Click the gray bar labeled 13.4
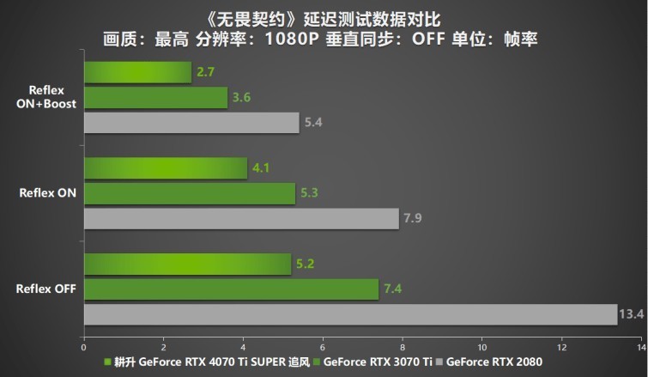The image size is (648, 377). [x=350, y=315]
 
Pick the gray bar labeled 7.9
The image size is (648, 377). [x=241, y=219]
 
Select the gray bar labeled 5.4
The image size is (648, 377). [x=191, y=123]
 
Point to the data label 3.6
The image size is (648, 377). [x=241, y=98]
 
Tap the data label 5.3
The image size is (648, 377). [x=309, y=193]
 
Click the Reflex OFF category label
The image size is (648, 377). [x=45, y=289]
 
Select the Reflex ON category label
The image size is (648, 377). [x=47, y=193]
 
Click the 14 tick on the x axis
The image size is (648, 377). [x=640, y=348]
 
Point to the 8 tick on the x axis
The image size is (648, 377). [x=402, y=348]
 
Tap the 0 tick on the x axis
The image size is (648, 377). [x=83, y=348]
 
